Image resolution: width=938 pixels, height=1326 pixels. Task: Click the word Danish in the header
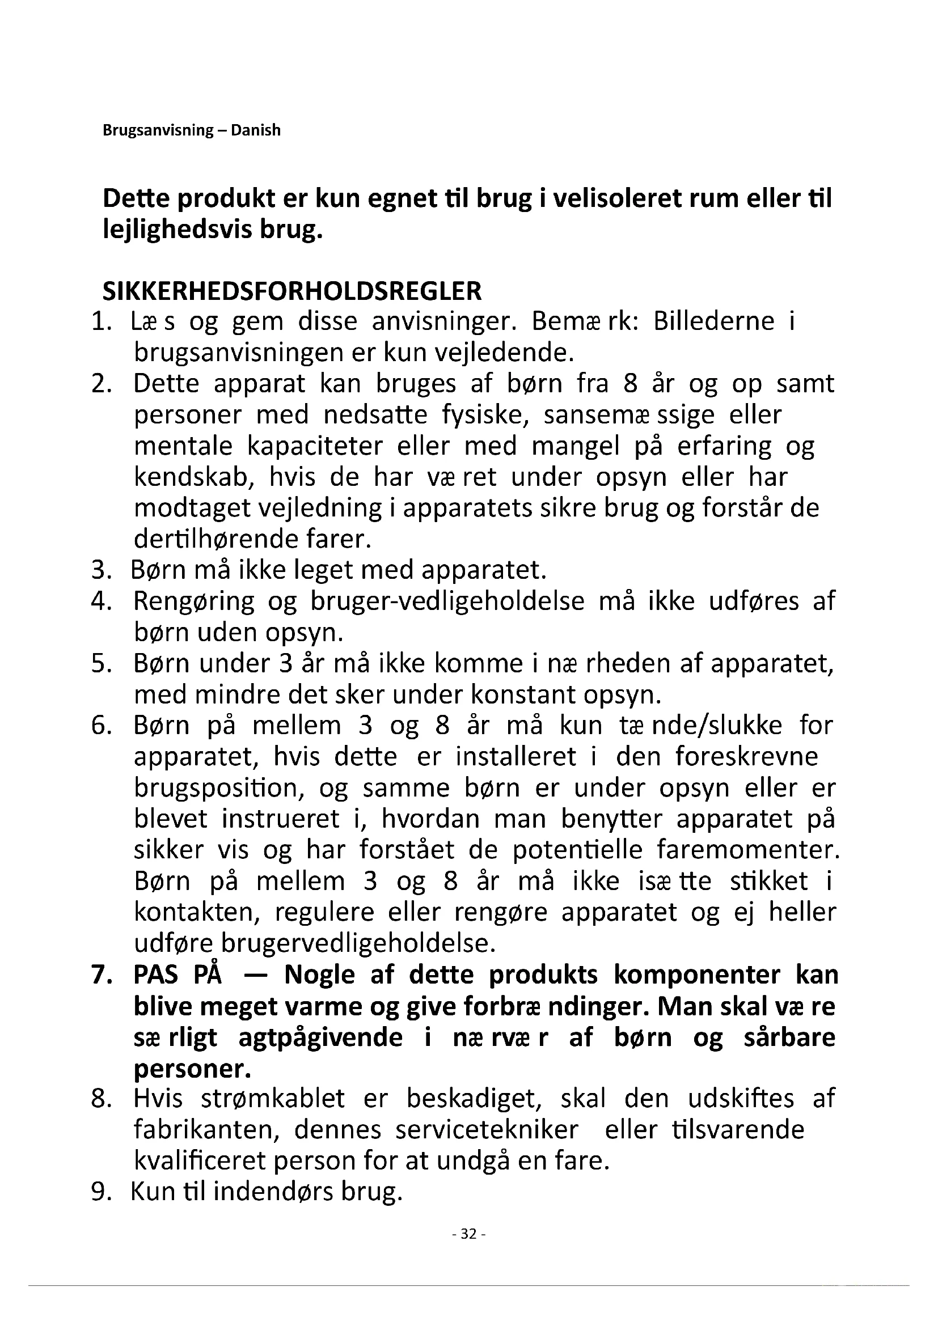tap(255, 130)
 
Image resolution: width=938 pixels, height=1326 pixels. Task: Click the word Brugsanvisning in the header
tap(158, 130)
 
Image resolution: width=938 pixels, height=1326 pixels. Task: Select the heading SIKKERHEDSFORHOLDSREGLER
tap(291, 291)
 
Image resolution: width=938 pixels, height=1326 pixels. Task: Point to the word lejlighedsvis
tap(176, 230)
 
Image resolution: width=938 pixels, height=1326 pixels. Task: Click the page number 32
tap(468, 1234)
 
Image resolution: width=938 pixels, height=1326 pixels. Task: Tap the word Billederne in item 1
tap(713, 321)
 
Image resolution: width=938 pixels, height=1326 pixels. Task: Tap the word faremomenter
tap(748, 850)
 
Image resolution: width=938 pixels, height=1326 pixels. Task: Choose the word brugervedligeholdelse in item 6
tap(358, 944)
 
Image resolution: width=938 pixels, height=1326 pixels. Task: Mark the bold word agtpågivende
tap(320, 1037)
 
